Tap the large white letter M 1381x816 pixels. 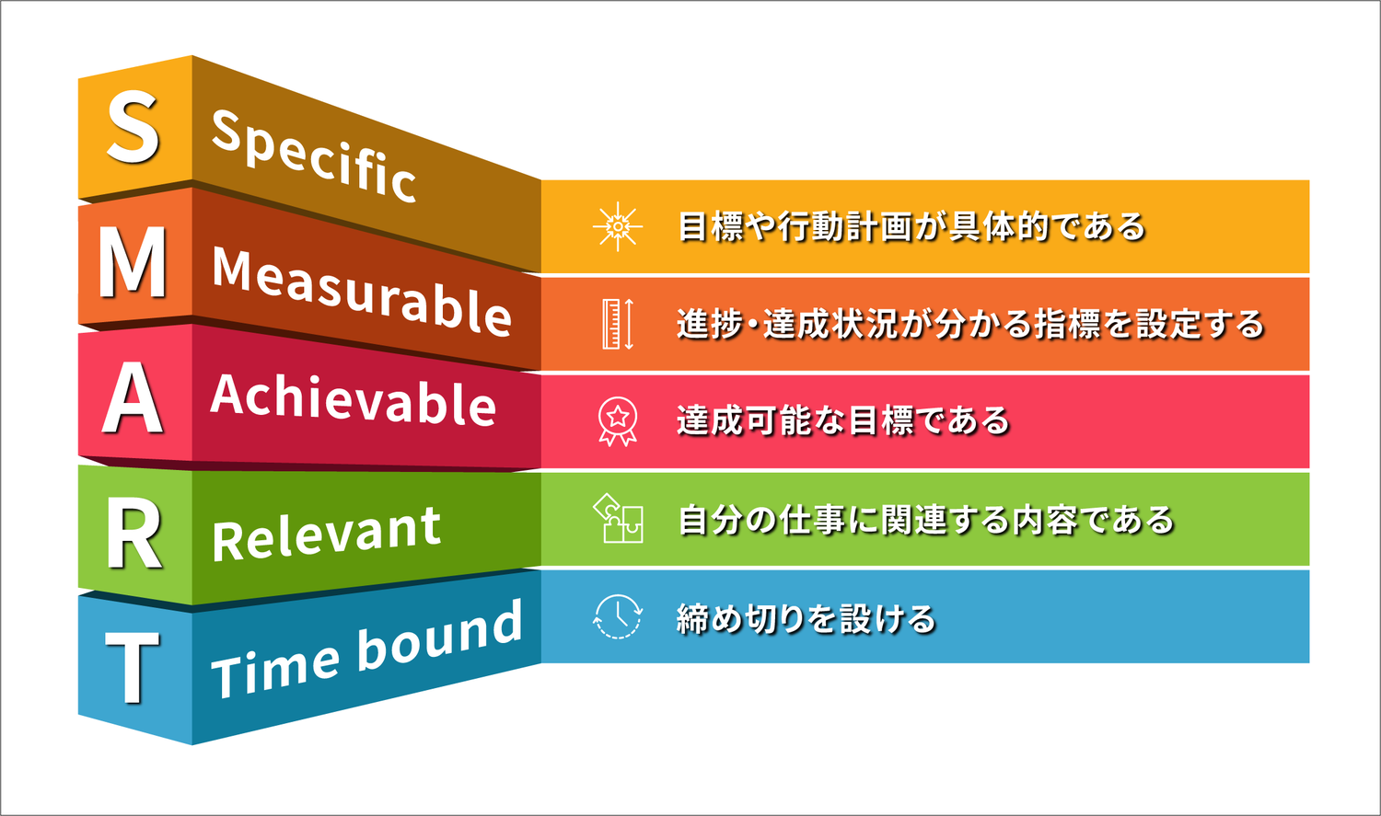pos(133,263)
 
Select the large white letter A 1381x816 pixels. pos(133,398)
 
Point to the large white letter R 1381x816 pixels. pos(133,534)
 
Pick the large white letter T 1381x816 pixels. pos(133,669)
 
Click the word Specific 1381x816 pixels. pos(314,155)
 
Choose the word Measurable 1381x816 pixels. pos(361,290)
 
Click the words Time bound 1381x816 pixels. pos(366,649)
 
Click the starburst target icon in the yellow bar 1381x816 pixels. pos(618,226)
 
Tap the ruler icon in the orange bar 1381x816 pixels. pos(618,324)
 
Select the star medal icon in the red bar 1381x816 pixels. pos(618,421)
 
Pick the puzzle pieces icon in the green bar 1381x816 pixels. pos(618,519)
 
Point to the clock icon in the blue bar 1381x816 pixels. pos(618,616)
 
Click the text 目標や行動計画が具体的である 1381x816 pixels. pos(911,226)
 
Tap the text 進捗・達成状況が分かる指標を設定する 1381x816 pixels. pos(970,324)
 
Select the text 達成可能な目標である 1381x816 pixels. pos(843,421)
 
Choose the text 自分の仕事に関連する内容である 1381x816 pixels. pos(926,520)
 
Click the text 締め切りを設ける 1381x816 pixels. pos(807,618)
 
